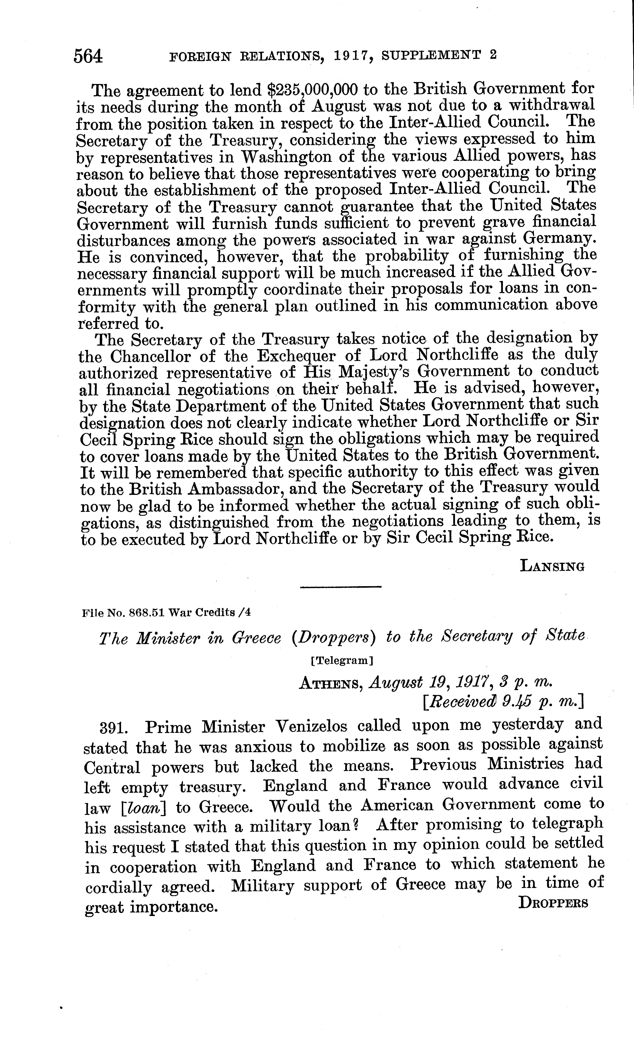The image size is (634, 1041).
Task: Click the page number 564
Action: tap(88, 56)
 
